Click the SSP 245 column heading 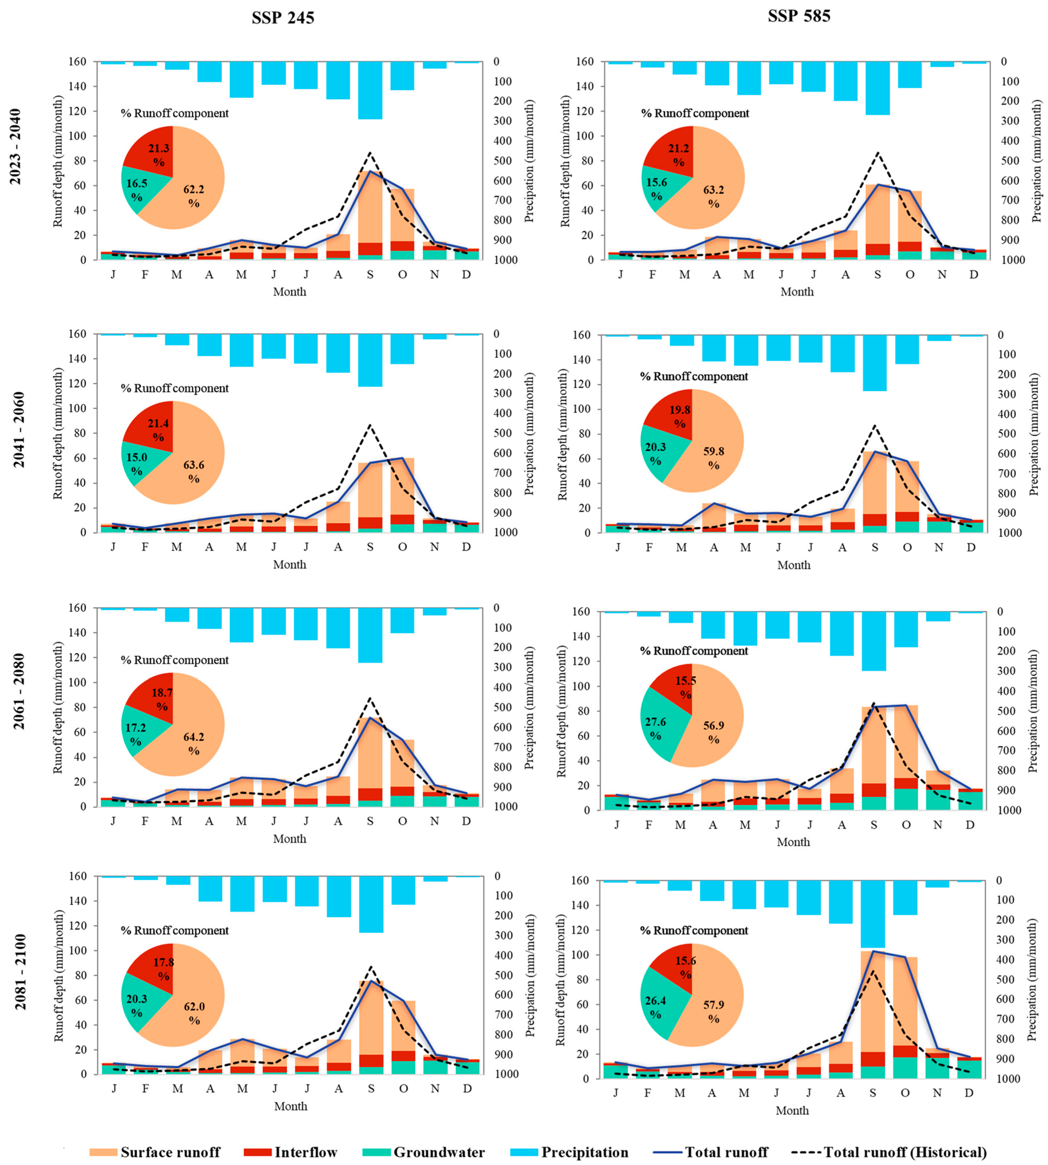coord(283,18)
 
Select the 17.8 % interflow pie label coord(163,969)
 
